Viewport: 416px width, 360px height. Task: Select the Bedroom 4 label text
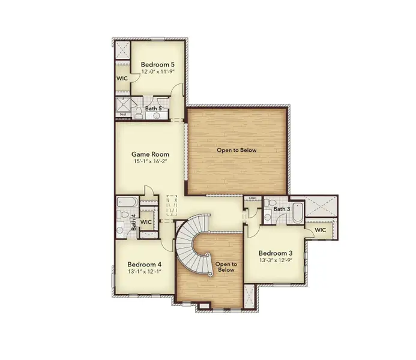click(x=144, y=264)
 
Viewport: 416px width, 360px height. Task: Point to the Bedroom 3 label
click(x=275, y=253)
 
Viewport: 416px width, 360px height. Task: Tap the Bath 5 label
click(x=153, y=109)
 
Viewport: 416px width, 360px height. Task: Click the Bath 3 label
click(x=282, y=209)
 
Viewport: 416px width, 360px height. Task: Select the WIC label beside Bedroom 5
click(x=121, y=78)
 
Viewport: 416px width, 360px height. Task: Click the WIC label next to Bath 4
click(x=146, y=222)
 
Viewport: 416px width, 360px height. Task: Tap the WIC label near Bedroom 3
click(x=320, y=230)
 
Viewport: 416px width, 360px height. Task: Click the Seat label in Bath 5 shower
click(x=122, y=114)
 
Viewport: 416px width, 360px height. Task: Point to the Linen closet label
click(x=252, y=199)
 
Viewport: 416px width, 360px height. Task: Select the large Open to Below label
click(x=237, y=150)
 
